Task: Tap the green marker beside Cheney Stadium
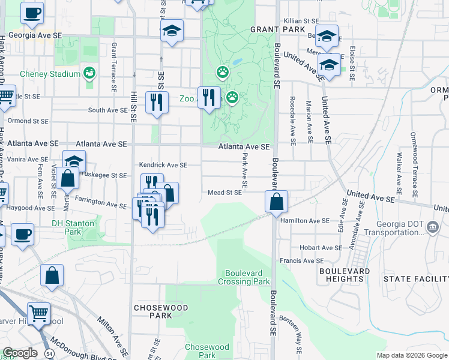(x=89, y=73)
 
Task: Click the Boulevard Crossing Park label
(x=243, y=277)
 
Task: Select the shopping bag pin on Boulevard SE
(x=276, y=202)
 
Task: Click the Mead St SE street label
(x=224, y=193)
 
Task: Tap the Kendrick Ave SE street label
(x=163, y=165)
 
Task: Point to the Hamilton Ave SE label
(x=305, y=220)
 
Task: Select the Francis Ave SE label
(x=302, y=261)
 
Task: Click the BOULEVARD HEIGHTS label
(x=345, y=275)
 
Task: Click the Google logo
(x=19, y=353)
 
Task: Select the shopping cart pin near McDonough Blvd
(x=38, y=313)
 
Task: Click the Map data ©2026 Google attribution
(x=411, y=355)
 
